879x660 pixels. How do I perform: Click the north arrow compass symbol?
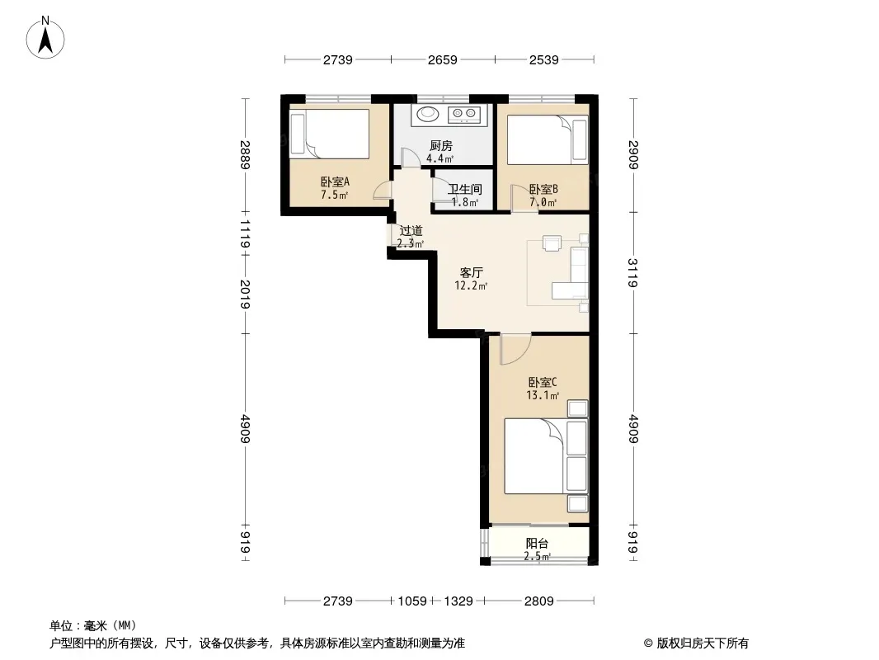(x=45, y=38)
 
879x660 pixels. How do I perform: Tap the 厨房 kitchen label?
(x=440, y=146)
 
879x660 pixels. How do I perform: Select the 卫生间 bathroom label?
(x=465, y=190)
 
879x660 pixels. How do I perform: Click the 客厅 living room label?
(x=471, y=272)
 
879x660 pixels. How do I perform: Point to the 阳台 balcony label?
(x=537, y=544)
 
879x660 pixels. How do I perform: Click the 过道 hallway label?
(x=411, y=230)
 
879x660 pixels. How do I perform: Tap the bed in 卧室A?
(x=329, y=134)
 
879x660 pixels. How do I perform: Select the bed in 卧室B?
(x=548, y=139)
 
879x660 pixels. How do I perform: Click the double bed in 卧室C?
(x=546, y=456)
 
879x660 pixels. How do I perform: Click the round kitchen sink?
(x=429, y=115)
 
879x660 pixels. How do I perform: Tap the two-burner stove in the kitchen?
(x=464, y=115)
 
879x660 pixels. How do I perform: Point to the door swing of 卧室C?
(x=515, y=349)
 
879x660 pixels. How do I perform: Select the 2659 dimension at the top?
(x=442, y=59)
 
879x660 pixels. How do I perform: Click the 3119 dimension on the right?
(x=633, y=272)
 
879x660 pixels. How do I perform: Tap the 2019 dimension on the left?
(x=245, y=294)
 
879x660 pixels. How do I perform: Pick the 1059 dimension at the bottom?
(x=412, y=601)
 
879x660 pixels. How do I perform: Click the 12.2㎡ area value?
(x=471, y=286)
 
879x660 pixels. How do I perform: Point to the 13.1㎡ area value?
(x=542, y=395)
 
